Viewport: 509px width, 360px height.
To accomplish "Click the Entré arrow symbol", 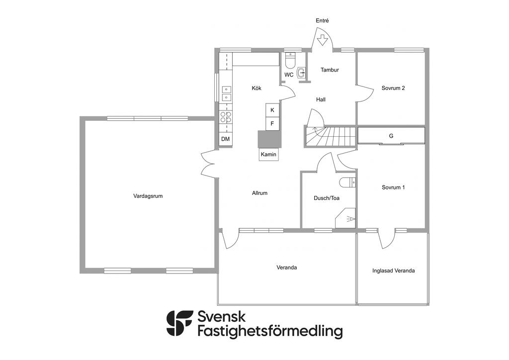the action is (322, 41).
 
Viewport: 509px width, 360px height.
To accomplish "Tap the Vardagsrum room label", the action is (148, 196).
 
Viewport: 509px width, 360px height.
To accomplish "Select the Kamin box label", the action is (268, 155).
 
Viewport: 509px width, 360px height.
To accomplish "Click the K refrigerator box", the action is (272, 110).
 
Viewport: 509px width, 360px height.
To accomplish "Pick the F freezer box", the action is (272, 124).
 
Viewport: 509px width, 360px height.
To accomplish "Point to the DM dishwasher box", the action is (225, 139).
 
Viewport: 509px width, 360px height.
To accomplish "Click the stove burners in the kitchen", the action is (226, 117).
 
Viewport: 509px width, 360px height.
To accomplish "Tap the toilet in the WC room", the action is (290, 61).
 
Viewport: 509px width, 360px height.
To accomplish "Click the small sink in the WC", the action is (301, 74).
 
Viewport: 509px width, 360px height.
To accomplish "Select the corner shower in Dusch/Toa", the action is (345, 218).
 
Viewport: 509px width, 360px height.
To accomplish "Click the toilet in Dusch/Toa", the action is (347, 183).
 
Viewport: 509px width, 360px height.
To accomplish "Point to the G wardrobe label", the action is (391, 136).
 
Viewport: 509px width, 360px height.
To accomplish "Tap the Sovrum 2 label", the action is (393, 88).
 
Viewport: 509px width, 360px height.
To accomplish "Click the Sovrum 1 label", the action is (393, 187).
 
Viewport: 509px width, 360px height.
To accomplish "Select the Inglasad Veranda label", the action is (394, 270).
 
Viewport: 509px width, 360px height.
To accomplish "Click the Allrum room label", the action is (259, 193).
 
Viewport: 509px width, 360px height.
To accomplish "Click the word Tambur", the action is (330, 70).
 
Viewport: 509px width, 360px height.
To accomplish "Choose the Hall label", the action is (321, 99).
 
